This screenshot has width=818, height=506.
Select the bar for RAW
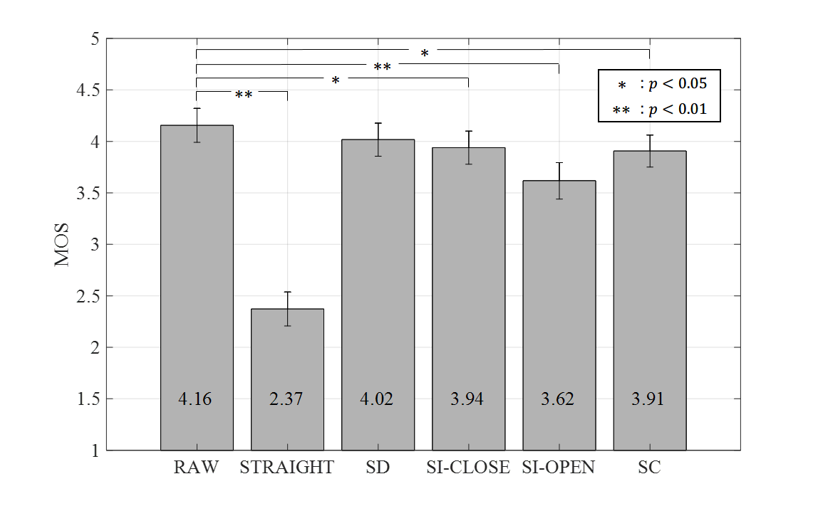tap(197, 285)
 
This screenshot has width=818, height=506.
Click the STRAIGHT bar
tap(287, 377)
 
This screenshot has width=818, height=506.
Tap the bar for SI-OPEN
tap(559, 313)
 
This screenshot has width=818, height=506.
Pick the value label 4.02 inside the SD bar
tap(377, 399)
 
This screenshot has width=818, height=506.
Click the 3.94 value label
tap(467, 399)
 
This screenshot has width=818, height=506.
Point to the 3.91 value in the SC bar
tap(648, 399)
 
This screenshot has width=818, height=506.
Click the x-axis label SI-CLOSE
tap(468, 468)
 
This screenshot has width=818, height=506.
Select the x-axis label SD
tap(378, 468)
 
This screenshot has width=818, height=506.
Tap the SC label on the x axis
tap(649, 468)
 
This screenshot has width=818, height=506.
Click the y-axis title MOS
tap(63, 245)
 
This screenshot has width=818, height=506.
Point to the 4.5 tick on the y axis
tap(88, 90)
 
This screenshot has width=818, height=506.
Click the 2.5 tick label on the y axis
tap(88, 296)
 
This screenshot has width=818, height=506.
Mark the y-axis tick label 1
tap(95, 450)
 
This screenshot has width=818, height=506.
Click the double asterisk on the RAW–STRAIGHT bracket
tap(243, 94)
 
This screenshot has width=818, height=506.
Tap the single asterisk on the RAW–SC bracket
tap(425, 53)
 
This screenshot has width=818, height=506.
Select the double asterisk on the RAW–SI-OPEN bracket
tap(383, 68)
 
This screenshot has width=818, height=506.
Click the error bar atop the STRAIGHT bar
tap(287, 308)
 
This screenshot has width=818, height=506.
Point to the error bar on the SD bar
tap(378, 139)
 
